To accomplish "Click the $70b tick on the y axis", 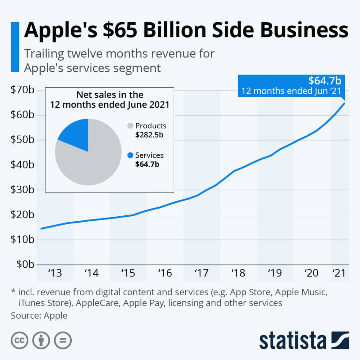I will (22, 90).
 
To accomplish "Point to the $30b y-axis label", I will (22, 190).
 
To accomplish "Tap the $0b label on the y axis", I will (25, 264).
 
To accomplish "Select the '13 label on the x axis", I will (55, 273).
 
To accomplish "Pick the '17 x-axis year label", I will (202, 273).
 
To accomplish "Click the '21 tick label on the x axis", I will (339, 273).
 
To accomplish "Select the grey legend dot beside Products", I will (130, 126).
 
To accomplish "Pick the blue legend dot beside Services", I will (130, 155).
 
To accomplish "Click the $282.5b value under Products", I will (149, 135).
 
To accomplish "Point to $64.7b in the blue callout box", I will (325, 81).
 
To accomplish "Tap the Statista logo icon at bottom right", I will (340, 340).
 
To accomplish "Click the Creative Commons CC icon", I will (20, 341).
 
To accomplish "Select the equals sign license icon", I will (63, 341).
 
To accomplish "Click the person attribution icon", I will (41, 341).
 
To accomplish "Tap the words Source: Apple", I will (39, 315).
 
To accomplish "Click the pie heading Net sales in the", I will (110, 95).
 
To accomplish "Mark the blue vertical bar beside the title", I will (15, 47).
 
